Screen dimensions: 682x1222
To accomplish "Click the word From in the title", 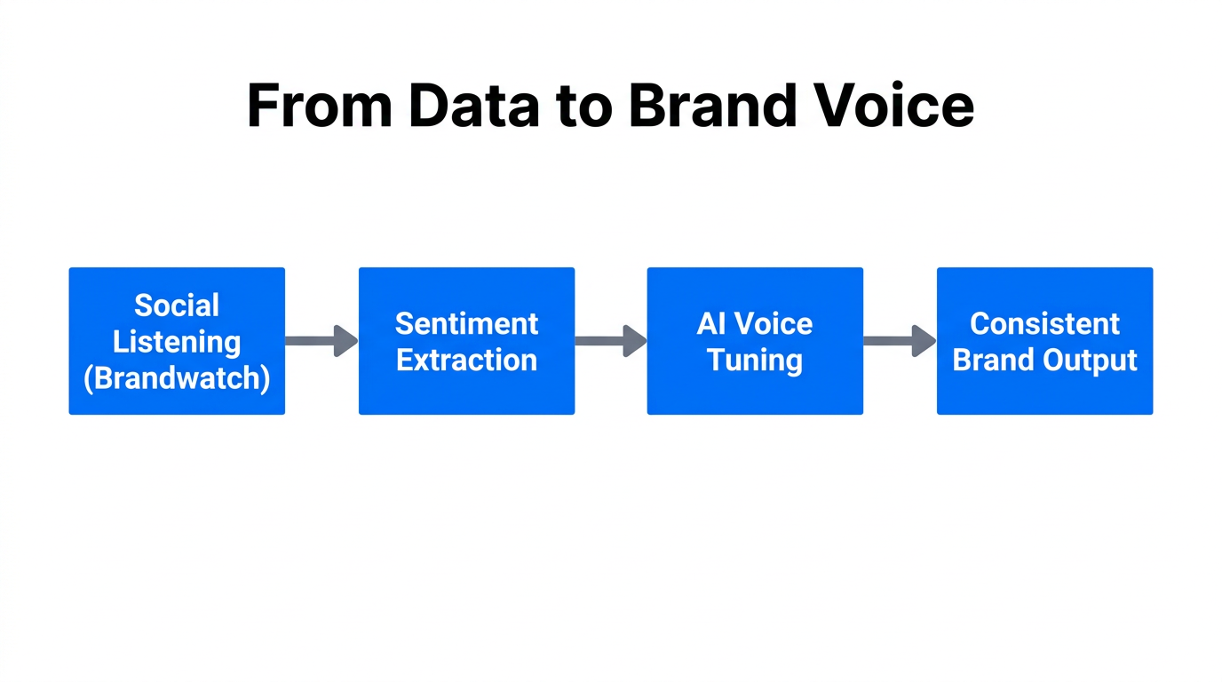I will point(319,106).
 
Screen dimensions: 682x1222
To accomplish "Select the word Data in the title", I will point(472,106).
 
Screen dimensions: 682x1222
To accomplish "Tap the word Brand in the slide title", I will point(717,106).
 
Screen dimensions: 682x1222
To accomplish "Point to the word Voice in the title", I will point(895,106).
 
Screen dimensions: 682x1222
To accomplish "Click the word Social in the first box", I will point(177,305).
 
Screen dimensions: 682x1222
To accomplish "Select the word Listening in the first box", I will point(177,342).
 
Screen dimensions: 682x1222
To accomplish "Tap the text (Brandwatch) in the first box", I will point(177,378).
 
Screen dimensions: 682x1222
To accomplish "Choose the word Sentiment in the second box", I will point(466,323).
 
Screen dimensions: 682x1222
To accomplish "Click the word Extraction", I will point(466,360).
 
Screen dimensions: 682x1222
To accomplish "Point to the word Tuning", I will point(755,360).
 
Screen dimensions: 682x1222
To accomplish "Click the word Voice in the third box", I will point(774,323).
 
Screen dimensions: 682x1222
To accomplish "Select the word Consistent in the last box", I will point(1044,323).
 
